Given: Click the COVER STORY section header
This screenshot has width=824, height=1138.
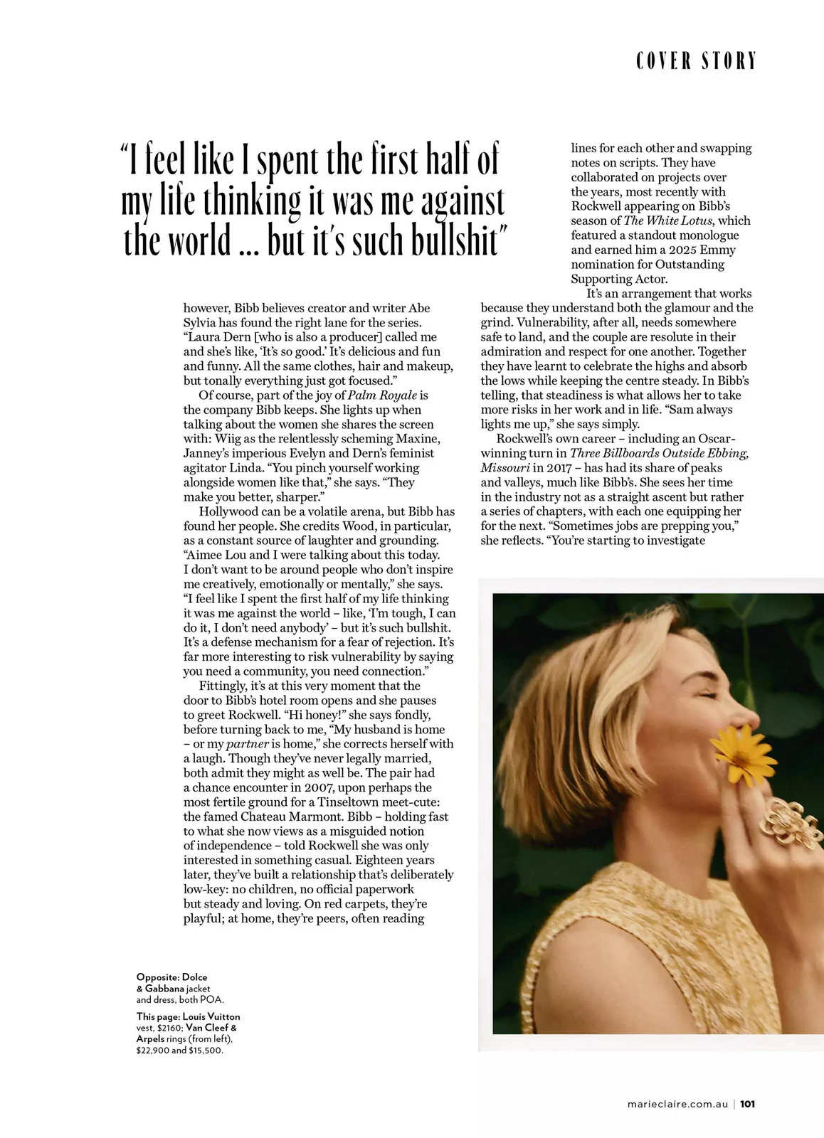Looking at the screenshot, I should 696,61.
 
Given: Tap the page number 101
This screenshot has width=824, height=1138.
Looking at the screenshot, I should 746,1104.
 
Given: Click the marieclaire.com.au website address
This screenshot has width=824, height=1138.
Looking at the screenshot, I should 677,1104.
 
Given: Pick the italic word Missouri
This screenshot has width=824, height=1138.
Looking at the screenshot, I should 505,467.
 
